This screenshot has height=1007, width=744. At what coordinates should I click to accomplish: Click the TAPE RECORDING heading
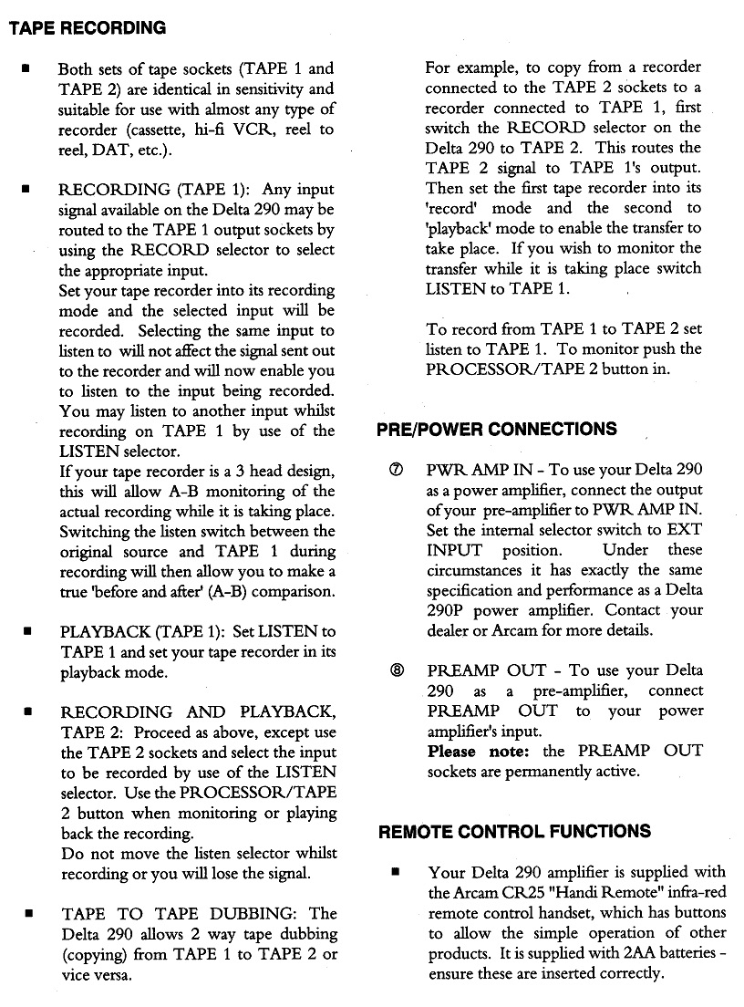(x=88, y=27)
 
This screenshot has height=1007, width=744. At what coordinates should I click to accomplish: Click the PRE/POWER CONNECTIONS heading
(x=496, y=429)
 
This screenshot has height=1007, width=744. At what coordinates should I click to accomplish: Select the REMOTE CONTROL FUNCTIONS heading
(x=514, y=831)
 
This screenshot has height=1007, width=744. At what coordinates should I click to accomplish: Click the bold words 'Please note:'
(x=478, y=751)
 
